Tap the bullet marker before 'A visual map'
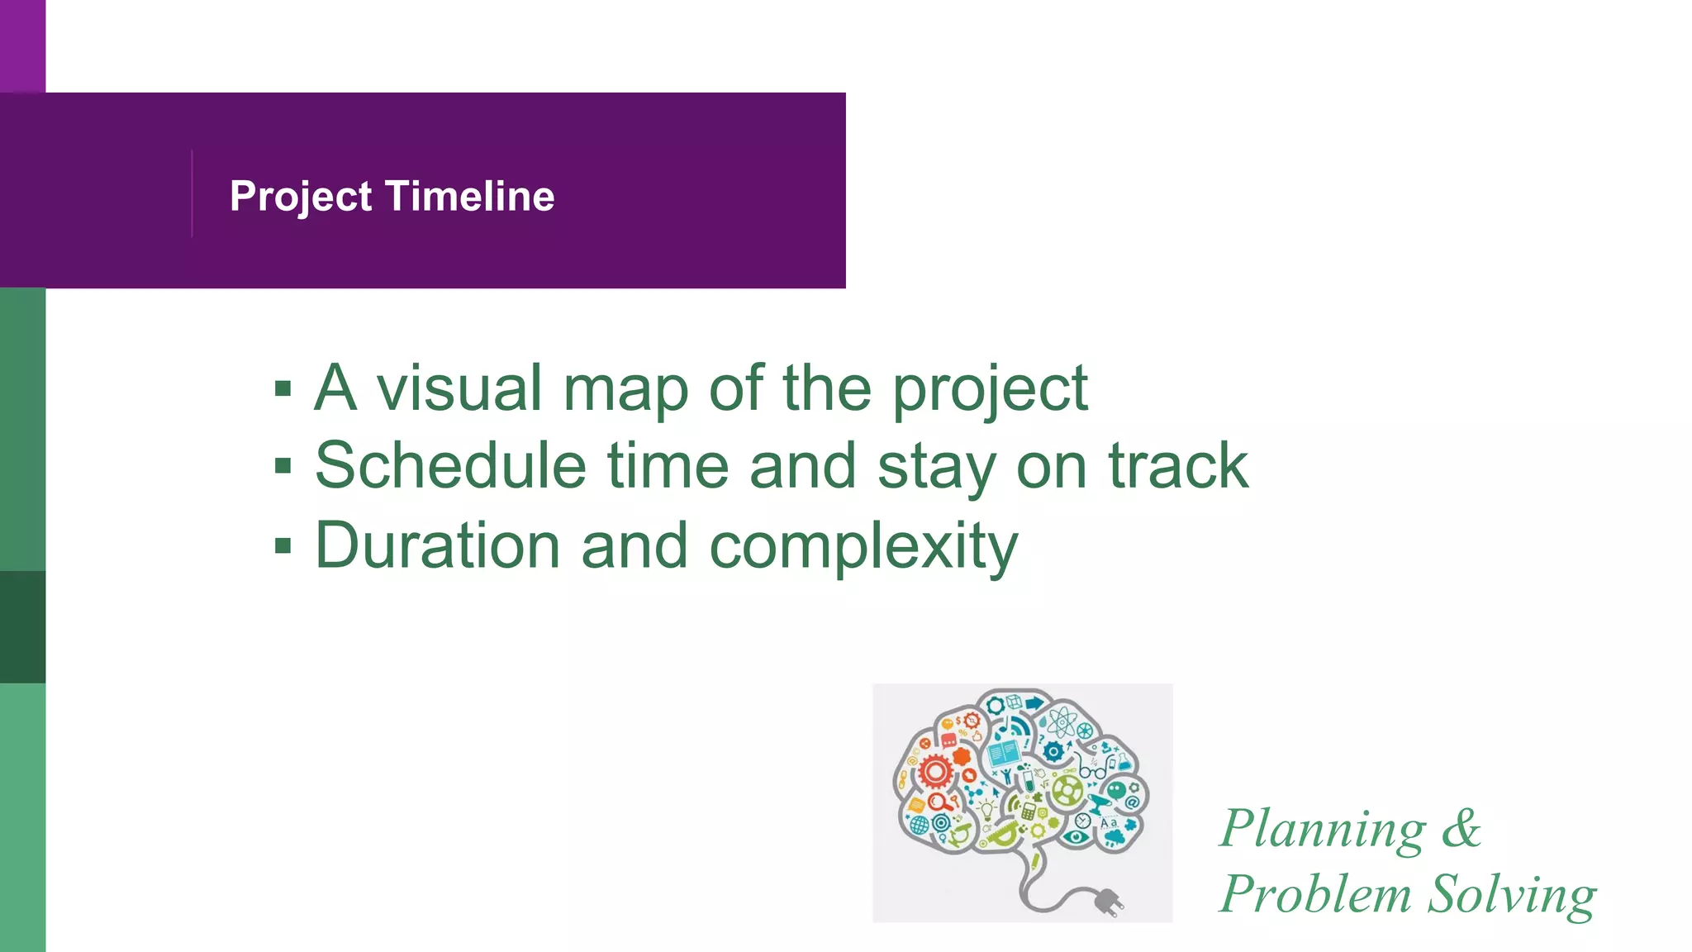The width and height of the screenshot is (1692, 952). click(x=283, y=388)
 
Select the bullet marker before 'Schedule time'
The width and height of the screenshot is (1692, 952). click(x=283, y=466)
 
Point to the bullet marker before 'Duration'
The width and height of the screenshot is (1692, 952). click(x=283, y=545)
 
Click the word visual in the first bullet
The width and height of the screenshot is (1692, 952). click(x=459, y=388)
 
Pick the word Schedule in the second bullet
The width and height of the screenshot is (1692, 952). click(x=450, y=466)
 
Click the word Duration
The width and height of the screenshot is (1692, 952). click(x=438, y=545)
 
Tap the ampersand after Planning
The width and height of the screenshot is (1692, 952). click(x=1461, y=828)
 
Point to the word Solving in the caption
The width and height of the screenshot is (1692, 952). click(x=1512, y=896)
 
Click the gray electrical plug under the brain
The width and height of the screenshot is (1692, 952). click(x=1108, y=902)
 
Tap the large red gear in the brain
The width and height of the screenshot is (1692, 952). click(x=935, y=772)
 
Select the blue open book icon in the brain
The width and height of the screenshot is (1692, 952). click(x=1003, y=753)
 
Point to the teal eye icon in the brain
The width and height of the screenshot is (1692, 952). click(x=1075, y=837)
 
